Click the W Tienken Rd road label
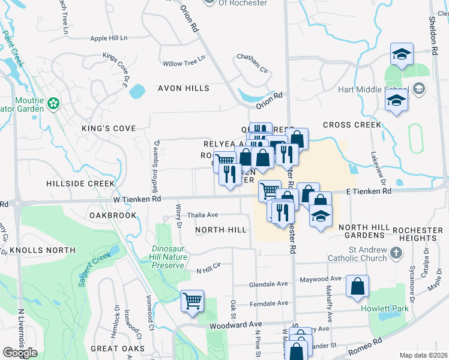click(x=136, y=199)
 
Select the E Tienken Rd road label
click(x=369, y=191)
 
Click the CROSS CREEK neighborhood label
click(x=352, y=125)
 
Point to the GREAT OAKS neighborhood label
click(x=117, y=348)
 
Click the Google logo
click(x=20, y=352)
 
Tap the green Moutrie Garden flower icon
click(x=54, y=104)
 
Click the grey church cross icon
click(x=395, y=254)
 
